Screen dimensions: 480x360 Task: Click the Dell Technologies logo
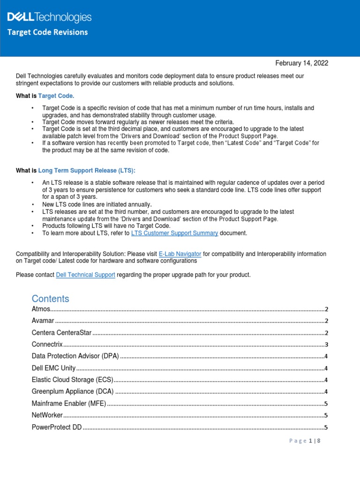49,18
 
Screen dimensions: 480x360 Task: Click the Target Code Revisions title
47,32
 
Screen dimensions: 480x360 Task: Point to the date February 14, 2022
301,63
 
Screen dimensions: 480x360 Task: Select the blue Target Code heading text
56,96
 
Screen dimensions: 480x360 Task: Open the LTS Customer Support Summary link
174,233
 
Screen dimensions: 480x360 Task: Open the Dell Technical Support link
85,275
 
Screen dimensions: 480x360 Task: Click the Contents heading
50,299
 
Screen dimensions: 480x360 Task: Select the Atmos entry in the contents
41,309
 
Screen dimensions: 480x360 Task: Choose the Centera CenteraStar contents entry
61,333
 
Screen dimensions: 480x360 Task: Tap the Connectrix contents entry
47,345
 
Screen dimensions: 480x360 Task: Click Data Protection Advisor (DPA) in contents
75,357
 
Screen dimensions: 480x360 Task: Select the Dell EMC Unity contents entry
53,368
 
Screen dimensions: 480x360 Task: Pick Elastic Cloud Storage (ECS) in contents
72,380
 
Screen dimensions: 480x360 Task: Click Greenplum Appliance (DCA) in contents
73,392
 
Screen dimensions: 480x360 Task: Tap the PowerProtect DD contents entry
57,427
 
